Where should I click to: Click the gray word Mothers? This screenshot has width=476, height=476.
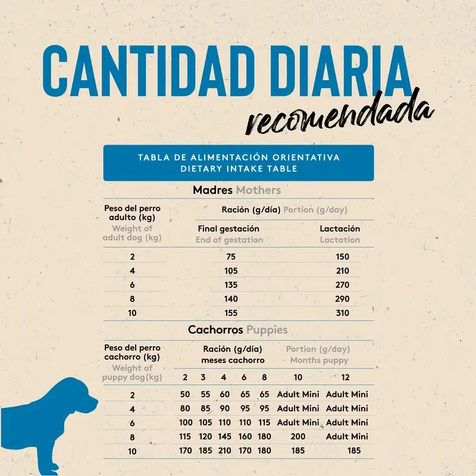click(x=258, y=190)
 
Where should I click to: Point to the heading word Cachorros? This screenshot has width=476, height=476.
click(x=215, y=330)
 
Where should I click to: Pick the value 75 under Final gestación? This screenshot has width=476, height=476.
click(x=231, y=257)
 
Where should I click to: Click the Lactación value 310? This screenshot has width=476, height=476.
click(x=343, y=313)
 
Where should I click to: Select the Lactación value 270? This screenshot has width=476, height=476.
click(x=343, y=285)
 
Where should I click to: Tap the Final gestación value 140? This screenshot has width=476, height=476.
click(x=231, y=299)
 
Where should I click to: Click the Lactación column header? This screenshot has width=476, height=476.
click(x=340, y=228)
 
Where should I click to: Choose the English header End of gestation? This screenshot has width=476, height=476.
click(x=230, y=240)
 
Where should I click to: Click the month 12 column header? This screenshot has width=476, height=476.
click(x=346, y=377)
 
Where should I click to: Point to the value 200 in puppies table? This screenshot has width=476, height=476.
click(x=298, y=437)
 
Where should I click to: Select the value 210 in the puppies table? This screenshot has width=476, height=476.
click(x=225, y=450)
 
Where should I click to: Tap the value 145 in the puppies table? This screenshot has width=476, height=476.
click(x=225, y=437)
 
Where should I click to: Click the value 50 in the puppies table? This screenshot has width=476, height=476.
click(x=185, y=394)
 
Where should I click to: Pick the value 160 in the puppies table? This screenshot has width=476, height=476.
click(x=245, y=437)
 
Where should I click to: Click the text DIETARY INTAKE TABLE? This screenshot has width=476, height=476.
click(x=239, y=169)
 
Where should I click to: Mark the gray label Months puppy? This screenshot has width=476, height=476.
click(x=320, y=361)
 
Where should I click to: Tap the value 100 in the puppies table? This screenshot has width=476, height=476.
click(x=186, y=422)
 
